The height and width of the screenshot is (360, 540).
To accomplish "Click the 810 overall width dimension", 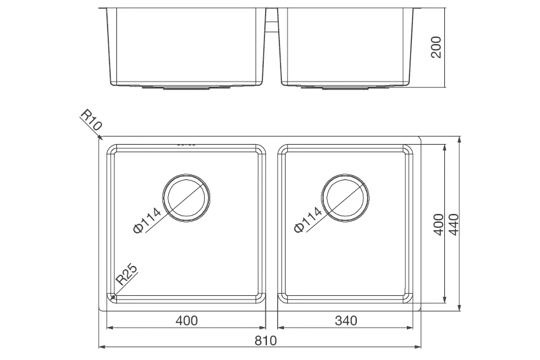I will [x=265, y=341].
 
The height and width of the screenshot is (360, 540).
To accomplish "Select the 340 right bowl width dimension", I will [x=346, y=320].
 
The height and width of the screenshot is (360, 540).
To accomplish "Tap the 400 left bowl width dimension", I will [x=186, y=320].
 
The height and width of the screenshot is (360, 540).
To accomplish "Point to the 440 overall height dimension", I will [x=454, y=224].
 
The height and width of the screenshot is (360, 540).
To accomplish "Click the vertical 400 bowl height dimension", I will [x=438, y=224].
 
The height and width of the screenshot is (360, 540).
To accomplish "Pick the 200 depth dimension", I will [x=436, y=47].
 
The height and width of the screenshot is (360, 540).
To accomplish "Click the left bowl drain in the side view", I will [x=186, y=87].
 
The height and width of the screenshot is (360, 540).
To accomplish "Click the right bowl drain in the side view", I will [x=345, y=87].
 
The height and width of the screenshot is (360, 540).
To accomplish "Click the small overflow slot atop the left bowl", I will [x=186, y=145].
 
